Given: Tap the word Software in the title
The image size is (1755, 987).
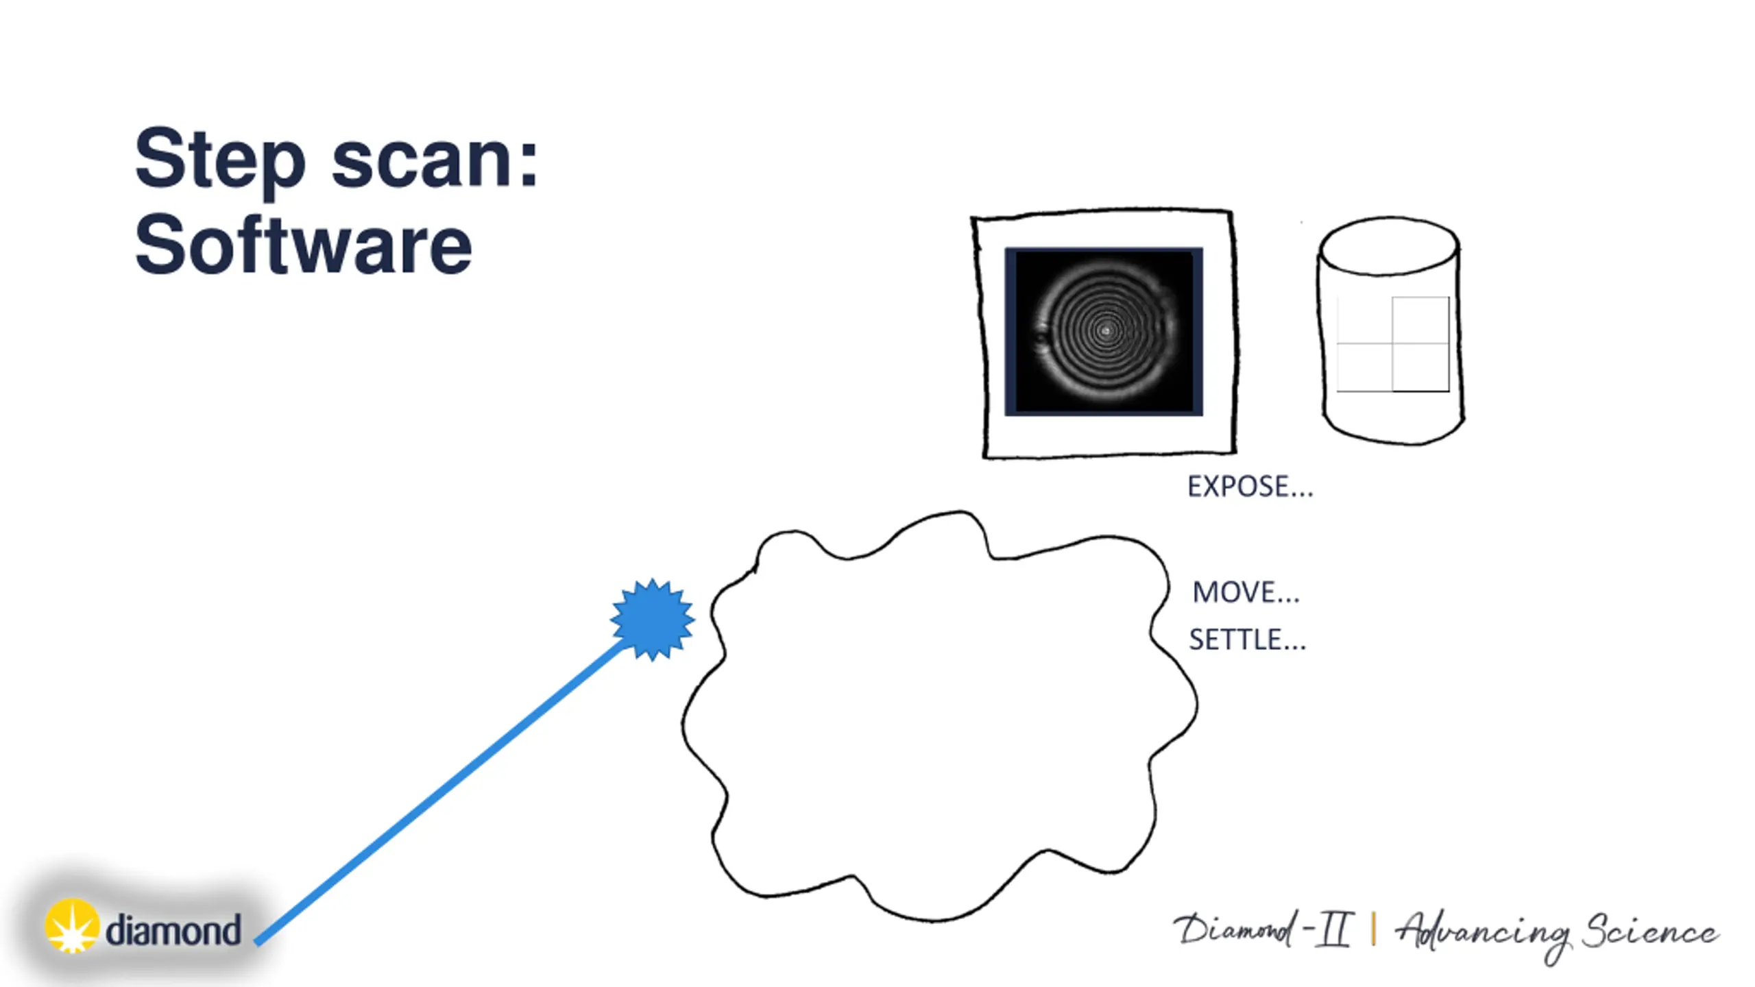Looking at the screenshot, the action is coord(303,245).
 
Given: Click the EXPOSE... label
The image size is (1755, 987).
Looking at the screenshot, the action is coord(1250,487).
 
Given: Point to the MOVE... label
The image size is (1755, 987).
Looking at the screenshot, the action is coord(1246,592).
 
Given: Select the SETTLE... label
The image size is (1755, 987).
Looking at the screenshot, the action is coord(1247,640).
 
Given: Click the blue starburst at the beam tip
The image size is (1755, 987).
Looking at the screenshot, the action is coord(652,620).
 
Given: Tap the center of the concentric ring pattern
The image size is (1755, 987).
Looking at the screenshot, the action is coord(1105,332).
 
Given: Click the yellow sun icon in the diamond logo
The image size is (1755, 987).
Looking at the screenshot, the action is coord(71,926).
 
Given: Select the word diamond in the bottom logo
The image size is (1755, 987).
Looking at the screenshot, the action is coord(173,930).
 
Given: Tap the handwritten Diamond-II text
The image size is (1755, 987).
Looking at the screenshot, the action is coord(1261,930).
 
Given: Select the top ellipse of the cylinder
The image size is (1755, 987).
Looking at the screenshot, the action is coord(1389,247).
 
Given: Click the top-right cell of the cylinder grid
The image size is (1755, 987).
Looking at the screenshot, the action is coord(1420,320).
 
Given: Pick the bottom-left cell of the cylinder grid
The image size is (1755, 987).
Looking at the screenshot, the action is coord(1364,367).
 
